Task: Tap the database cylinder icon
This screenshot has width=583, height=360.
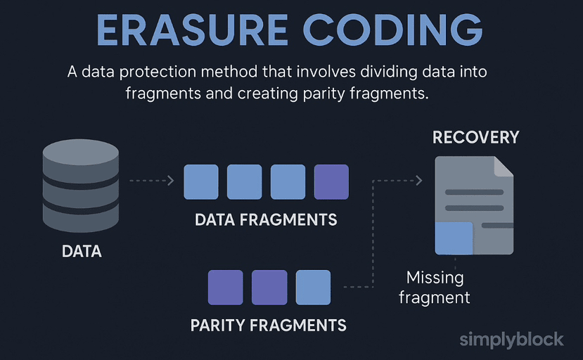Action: tap(81, 185)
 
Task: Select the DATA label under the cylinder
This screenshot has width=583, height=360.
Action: tap(82, 250)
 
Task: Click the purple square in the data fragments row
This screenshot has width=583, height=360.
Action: tap(331, 182)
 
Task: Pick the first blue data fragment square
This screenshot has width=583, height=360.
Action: tap(201, 182)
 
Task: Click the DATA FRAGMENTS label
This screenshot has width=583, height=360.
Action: tap(266, 219)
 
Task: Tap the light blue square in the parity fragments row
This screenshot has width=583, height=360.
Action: tap(313, 287)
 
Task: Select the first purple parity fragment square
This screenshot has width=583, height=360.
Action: tap(225, 287)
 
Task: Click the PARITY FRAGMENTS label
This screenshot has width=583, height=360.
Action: tap(268, 325)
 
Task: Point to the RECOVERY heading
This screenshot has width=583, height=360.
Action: tap(475, 136)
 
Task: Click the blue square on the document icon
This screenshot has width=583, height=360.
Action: tap(453, 238)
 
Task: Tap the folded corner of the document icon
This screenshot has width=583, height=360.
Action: tap(504, 166)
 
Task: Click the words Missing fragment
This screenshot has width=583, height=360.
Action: tap(435, 287)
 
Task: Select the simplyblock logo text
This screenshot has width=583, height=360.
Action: tap(511, 340)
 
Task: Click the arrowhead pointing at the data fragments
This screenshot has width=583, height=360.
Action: tap(170, 181)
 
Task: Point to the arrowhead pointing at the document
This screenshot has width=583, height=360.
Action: tap(419, 181)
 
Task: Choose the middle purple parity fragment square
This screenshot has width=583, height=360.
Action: tap(269, 287)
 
